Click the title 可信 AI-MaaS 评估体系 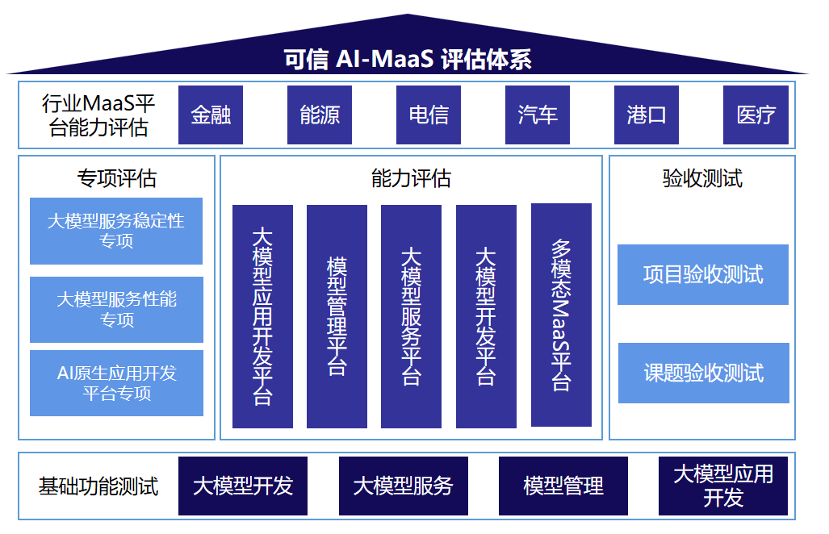coord(407,60)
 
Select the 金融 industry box coord(211,115)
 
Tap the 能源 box coord(320,115)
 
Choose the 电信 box coord(429,115)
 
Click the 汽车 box coord(538,115)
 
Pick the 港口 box coord(647,115)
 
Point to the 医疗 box coord(756,115)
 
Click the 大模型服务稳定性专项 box coord(116,231)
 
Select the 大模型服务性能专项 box coord(116,310)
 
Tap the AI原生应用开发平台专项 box coord(116,383)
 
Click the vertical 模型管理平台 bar coord(337,316)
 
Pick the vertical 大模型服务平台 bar coord(411,316)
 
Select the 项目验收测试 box coord(703,275)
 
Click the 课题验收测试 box coord(703,373)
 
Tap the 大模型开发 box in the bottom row coord(243,486)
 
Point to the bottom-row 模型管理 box coord(563,486)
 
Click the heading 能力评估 coord(411,178)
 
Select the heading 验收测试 coord(702,178)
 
